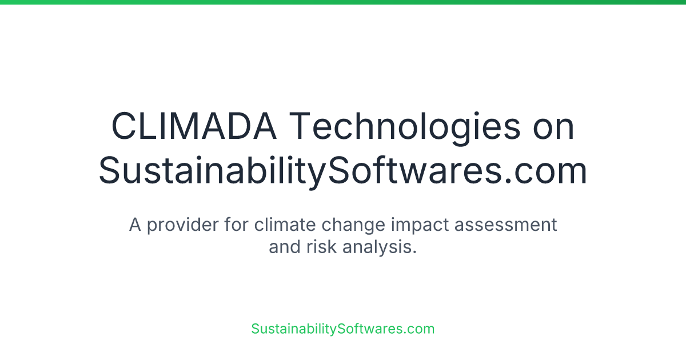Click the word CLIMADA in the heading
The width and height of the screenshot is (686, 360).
[x=194, y=127]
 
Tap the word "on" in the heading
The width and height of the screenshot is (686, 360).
[x=553, y=127]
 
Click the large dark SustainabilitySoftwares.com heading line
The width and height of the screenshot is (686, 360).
[x=343, y=170]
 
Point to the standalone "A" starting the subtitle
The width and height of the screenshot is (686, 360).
[x=135, y=225]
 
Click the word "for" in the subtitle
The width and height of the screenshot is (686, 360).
[x=236, y=225]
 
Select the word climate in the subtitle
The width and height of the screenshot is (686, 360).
[x=285, y=225]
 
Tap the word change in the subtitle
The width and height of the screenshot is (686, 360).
[x=354, y=225]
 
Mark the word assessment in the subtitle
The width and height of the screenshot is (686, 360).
[x=505, y=225]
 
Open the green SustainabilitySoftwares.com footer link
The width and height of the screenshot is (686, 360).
[x=343, y=329]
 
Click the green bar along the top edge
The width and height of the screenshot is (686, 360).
[x=343, y=2]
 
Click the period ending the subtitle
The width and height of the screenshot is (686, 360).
[x=414, y=253]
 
